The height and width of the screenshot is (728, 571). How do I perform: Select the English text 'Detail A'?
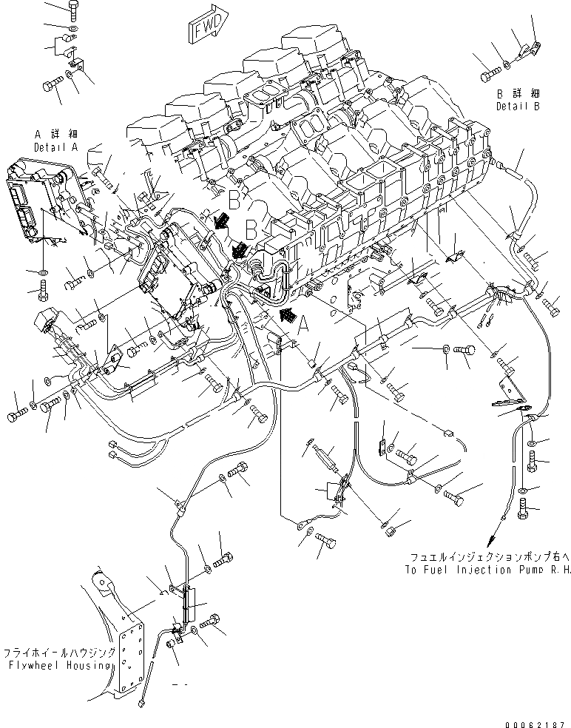click(x=55, y=147)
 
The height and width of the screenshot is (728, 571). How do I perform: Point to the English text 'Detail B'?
click(x=517, y=107)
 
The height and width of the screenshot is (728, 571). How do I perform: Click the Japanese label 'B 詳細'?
click(x=518, y=94)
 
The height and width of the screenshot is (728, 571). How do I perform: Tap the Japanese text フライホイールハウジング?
click(x=59, y=653)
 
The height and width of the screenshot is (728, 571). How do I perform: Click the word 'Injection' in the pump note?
click(x=472, y=570)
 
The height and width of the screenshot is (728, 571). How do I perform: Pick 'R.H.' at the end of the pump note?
click(x=550, y=570)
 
